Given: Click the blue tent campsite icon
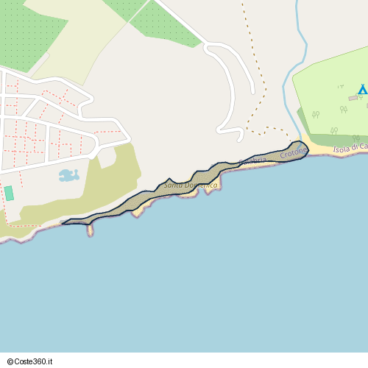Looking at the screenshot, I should [361, 89].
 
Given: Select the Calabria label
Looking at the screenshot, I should [251, 160].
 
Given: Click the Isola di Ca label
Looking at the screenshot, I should [350, 149].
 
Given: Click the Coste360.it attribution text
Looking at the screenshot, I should [38, 361].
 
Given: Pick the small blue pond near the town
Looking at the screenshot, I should [68, 175].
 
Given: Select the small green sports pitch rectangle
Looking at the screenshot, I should [9, 193].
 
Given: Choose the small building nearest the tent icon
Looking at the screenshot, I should [353, 97].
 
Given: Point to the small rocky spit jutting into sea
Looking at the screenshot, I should [90, 230].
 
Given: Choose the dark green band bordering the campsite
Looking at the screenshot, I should [303, 122].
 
